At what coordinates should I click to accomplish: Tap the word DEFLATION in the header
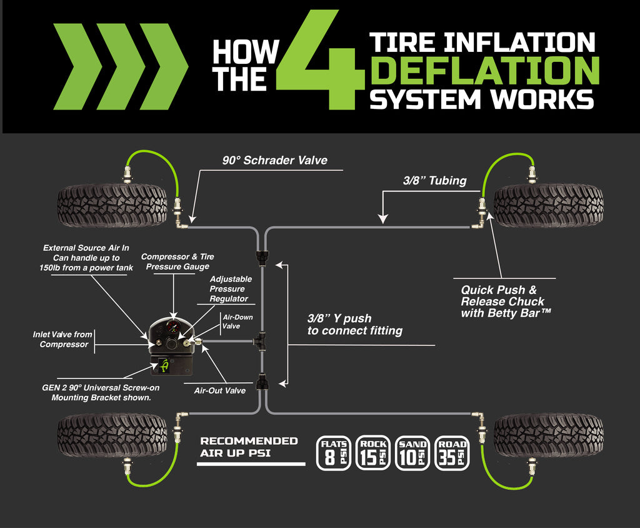point(484,71)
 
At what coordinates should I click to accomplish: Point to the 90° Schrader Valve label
point(275,160)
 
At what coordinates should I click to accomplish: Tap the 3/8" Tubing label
point(434,181)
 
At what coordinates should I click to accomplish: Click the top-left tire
point(112,205)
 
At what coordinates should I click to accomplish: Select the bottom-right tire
point(548,434)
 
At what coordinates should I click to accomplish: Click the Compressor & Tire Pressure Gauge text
point(177,261)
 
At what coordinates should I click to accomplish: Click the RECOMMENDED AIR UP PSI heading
point(249,447)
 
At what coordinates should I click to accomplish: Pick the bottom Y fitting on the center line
point(262,380)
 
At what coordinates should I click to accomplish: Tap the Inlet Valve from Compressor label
point(62,340)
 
